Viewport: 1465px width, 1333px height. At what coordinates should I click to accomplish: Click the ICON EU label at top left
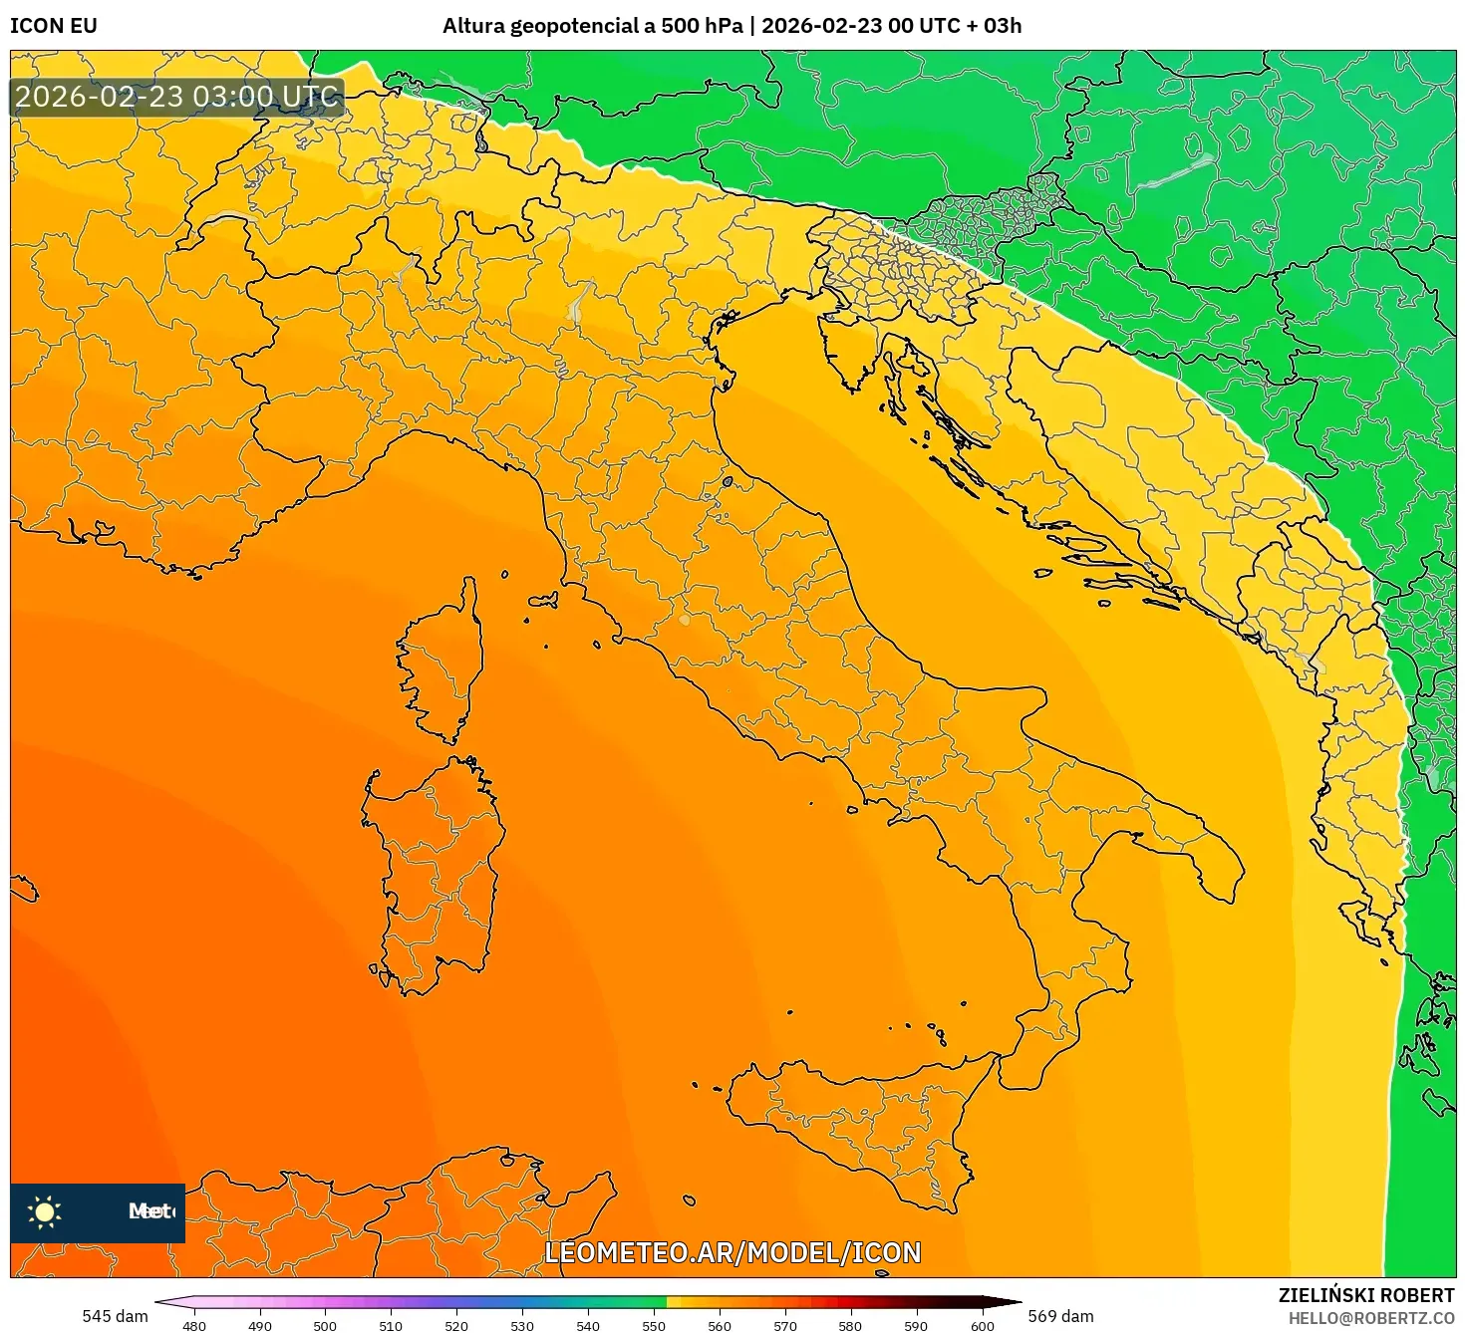[54, 26]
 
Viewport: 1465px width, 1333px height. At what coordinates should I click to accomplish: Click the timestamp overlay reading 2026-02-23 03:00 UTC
[177, 97]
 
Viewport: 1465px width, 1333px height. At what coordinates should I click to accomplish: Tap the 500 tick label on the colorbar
[325, 1326]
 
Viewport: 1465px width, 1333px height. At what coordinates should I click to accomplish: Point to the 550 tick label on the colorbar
[654, 1326]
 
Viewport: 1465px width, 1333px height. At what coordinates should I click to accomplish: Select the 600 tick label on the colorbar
[983, 1326]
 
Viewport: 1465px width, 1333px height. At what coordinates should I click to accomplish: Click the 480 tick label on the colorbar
[194, 1326]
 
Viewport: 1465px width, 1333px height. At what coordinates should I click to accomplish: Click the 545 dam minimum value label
[115, 1316]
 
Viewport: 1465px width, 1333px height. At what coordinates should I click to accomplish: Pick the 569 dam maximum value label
[1060, 1316]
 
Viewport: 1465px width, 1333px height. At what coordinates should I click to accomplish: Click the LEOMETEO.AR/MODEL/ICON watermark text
[732, 1252]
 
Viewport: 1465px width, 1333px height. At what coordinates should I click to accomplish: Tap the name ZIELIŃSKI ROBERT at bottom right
[1366, 1295]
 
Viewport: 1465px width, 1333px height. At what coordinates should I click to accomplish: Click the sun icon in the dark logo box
[45, 1212]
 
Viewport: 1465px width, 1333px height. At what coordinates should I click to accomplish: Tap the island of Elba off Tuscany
[543, 602]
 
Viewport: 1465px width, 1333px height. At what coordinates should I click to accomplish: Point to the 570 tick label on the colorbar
[785, 1326]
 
